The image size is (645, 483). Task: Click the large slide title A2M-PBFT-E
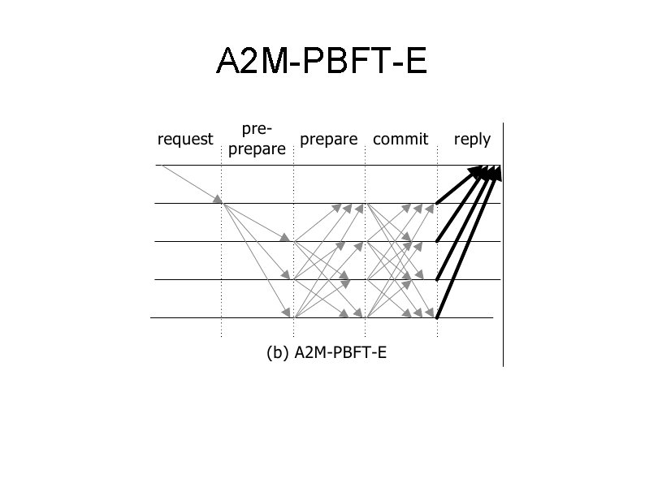click(x=322, y=63)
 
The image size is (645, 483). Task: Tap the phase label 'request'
click(x=185, y=139)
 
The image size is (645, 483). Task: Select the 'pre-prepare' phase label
click(x=258, y=139)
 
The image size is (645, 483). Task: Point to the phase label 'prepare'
click(x=328, y=139)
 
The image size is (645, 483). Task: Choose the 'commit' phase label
click(x=400, y=139)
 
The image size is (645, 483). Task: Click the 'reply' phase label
click(x=472, y=139)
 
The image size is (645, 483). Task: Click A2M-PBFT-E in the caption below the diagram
click(x=340, y=353)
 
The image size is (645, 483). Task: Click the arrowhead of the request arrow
click(x=219, y=199)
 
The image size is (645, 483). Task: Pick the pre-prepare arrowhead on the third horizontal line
click(x=286, y=238)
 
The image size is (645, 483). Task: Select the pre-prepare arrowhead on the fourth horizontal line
click(x=286, y=276)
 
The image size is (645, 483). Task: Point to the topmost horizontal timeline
click(x=325, y=166)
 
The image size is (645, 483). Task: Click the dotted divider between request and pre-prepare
click(x=222, y=268)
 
